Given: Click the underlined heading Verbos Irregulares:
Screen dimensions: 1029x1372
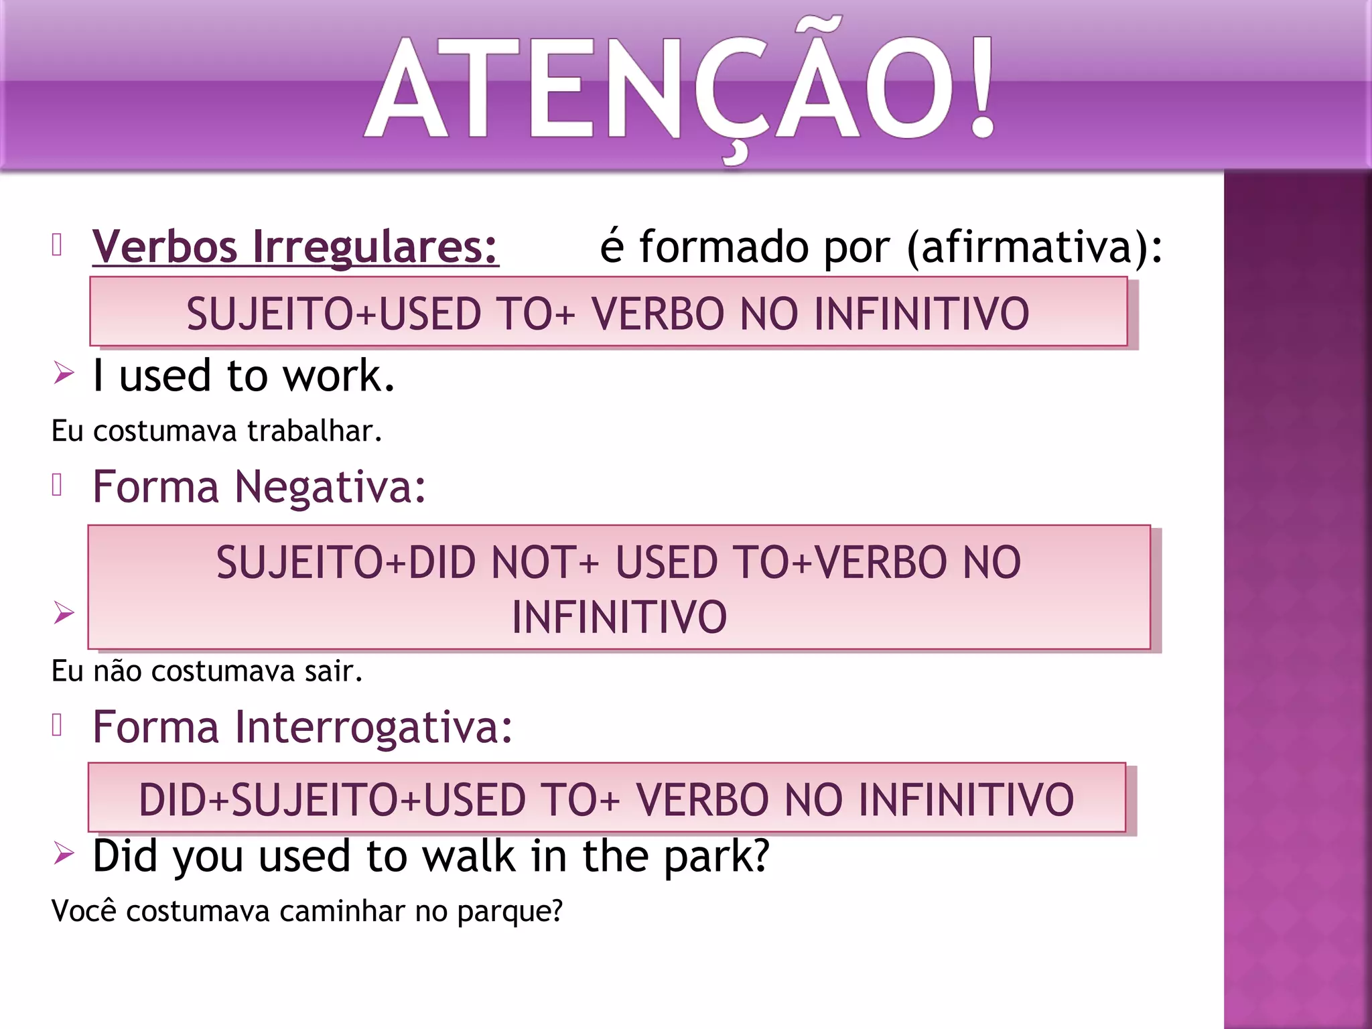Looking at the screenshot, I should point(295,247).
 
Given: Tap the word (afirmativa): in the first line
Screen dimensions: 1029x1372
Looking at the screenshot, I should point(1035,247).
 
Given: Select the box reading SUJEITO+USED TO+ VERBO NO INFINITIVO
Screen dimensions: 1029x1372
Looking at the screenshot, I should point(608,312).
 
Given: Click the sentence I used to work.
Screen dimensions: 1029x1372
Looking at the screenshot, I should point(244,375).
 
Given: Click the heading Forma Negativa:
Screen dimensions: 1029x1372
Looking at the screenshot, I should point(259,486).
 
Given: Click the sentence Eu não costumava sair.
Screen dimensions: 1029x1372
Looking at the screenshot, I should point(207,671).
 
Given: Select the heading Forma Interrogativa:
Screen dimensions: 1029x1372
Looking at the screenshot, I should point(303,727).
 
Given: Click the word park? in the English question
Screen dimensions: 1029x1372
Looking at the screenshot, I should point(717,856).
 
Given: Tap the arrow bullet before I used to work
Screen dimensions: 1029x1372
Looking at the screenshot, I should point(64,372).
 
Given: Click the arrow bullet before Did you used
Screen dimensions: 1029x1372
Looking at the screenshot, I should point(64,853).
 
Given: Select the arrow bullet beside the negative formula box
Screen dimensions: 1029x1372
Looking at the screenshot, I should point(64,612).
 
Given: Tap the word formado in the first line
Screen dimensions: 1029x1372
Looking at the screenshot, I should point(724,247).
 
